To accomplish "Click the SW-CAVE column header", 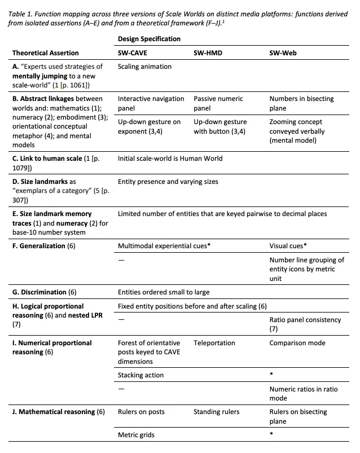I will (x=133, y=52).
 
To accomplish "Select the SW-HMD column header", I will (x=207, y=52).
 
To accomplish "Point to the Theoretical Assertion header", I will (x=46, y=52).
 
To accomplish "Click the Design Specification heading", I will (x=149, y=39).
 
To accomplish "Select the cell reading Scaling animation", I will (x=144, y=67).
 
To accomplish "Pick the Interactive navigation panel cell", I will (x=151, y=103).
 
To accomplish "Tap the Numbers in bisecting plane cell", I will (x=301, y=103).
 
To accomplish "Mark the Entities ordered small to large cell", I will (x=163, y=292).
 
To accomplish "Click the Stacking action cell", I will (x=141, y=375).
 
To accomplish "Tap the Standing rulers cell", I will (x=216, y=412).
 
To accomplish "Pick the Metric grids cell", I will (x=136, y=435).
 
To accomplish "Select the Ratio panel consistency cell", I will (x=305, y=324).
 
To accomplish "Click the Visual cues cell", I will (x=288, y=246).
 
